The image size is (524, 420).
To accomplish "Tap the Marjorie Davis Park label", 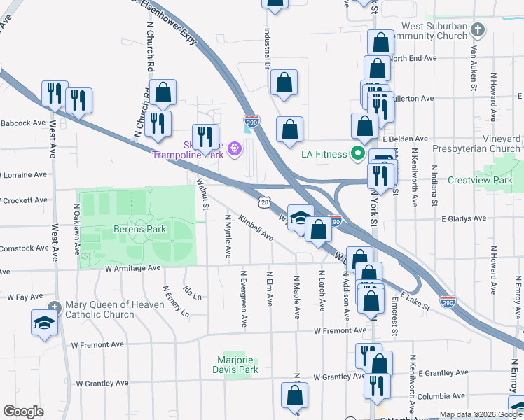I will pyautogui.click(x=237, y=365).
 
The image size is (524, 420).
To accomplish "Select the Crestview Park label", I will pyautogui.click(x=490, y=180).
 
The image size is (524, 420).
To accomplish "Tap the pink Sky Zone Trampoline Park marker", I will pyautogui.click(x=234, y=148).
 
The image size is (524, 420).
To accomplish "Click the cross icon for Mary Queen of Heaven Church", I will pyautogui.click(x=55, y=306).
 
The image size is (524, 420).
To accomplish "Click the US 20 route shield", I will pyautogui.click(x=263, y=201).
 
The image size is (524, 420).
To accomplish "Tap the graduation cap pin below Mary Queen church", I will pyautogui.click(x=43, y=323).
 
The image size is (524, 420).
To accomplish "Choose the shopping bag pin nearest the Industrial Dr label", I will pyautogui.click(x=284, y=82).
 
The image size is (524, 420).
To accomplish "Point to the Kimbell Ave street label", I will pyautogui.click(x=256, y=227).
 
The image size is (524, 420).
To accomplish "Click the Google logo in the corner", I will pyautogui.click(x=23, y=412).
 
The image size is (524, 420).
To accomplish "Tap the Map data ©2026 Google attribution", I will pyautogui.click(x=480, y=414).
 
